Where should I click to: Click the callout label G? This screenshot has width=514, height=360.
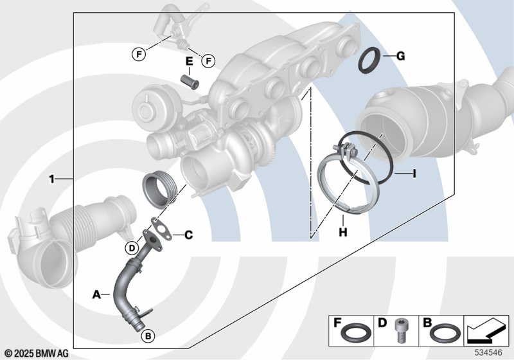pyautogui.click(x=400, y=57)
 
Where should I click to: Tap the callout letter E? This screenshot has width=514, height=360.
pyautogui.click(x=189, y=61)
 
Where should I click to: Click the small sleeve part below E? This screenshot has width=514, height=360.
pyautogui.click(x=190, y=82)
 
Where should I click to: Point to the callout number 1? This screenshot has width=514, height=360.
pyautogui.click(x=51, y=179)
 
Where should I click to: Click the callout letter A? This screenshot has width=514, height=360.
pyautogui.click(x=96, y=294)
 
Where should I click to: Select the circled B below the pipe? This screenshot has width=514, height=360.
pyautogui.click(x=148, y=336)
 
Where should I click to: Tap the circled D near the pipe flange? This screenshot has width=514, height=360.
pyautogui.click(x=132, y=248)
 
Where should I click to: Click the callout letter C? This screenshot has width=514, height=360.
pyautogui.click(x=188, y=235)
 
